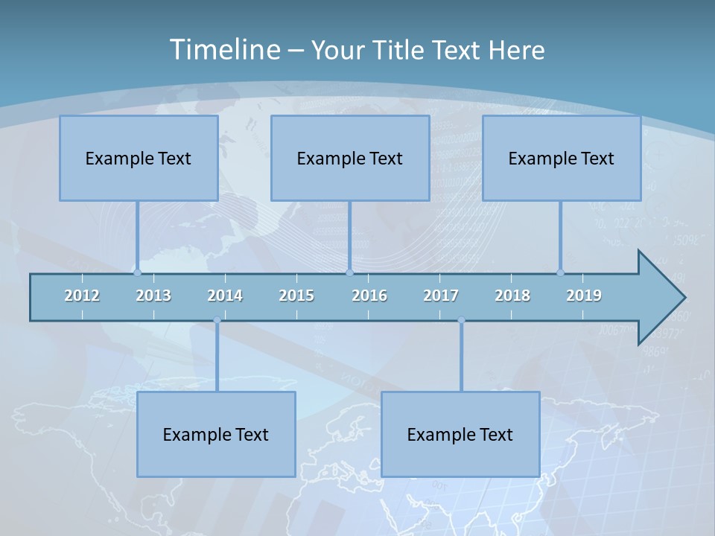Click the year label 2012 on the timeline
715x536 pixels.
click(82, 296)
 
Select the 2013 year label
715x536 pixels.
click(153, 296)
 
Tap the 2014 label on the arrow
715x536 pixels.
click(225, 296)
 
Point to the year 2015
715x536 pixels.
click(296, 296)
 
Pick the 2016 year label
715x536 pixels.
click(369, 296)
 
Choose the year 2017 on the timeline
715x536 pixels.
click(441, 296)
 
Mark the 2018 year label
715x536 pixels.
click(512, 296)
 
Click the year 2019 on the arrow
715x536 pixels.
click(584, 296)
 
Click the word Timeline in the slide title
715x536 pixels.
click(223, 50)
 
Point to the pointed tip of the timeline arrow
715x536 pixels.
click(683, 298)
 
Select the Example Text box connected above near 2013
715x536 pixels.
click(139, 158)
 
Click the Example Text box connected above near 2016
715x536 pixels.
click(350, 158)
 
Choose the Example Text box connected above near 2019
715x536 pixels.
click(562, 158)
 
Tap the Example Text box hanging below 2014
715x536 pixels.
click(216, 434)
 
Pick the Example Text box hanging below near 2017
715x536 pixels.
click(460, 434)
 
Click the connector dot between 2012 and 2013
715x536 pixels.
click(138, 272)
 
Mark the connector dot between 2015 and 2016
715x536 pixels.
click(349, 272)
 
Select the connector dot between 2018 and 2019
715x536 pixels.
click(561, 272)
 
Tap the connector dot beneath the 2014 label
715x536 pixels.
click(217, 320)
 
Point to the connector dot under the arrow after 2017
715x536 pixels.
click(461, 320)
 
